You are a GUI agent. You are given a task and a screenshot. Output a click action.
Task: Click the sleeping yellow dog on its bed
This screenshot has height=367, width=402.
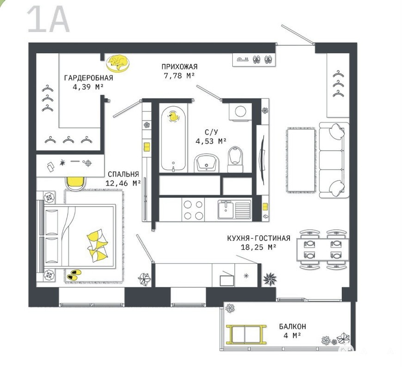click(118, 63)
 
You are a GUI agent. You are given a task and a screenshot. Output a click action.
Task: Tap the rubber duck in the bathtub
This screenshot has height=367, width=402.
click(173, 116)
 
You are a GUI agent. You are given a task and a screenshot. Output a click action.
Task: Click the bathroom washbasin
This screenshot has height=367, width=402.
click(206, 163)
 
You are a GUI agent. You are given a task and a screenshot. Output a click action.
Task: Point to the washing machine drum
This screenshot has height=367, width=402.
click(241, 112)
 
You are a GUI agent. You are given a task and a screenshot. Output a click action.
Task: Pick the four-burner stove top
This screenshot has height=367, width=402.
click(193, 209)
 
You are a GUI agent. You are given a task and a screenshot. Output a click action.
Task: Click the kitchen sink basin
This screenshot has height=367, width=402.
click(226, 209)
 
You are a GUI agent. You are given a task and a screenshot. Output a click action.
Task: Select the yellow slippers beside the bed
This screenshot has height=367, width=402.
click(74, 274)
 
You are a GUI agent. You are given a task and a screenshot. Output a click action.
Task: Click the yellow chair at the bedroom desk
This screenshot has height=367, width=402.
click(75, 183)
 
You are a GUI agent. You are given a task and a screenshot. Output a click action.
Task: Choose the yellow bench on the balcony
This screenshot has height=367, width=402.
click(246, 334)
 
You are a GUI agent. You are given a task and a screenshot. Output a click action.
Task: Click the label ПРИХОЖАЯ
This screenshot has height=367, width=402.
click(179, 67)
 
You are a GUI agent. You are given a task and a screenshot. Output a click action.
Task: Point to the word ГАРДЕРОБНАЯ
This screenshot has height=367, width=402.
click(88, 78)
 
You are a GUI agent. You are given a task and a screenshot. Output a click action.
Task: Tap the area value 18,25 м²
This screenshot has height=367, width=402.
click(259, 247)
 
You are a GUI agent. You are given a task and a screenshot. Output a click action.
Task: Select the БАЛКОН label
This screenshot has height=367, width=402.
click(292, 326)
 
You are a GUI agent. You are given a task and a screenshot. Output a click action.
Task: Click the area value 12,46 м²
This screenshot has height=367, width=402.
click(123, 183)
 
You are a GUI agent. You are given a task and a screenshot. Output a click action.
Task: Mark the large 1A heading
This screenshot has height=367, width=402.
click(48, 19)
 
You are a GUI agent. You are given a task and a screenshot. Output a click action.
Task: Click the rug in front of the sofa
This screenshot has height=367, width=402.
click(301, 160)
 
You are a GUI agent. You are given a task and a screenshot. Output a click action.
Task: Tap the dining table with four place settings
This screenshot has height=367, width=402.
click(323, 249)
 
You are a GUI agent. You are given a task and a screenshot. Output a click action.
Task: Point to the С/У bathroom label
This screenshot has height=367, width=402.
click(211, 132)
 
